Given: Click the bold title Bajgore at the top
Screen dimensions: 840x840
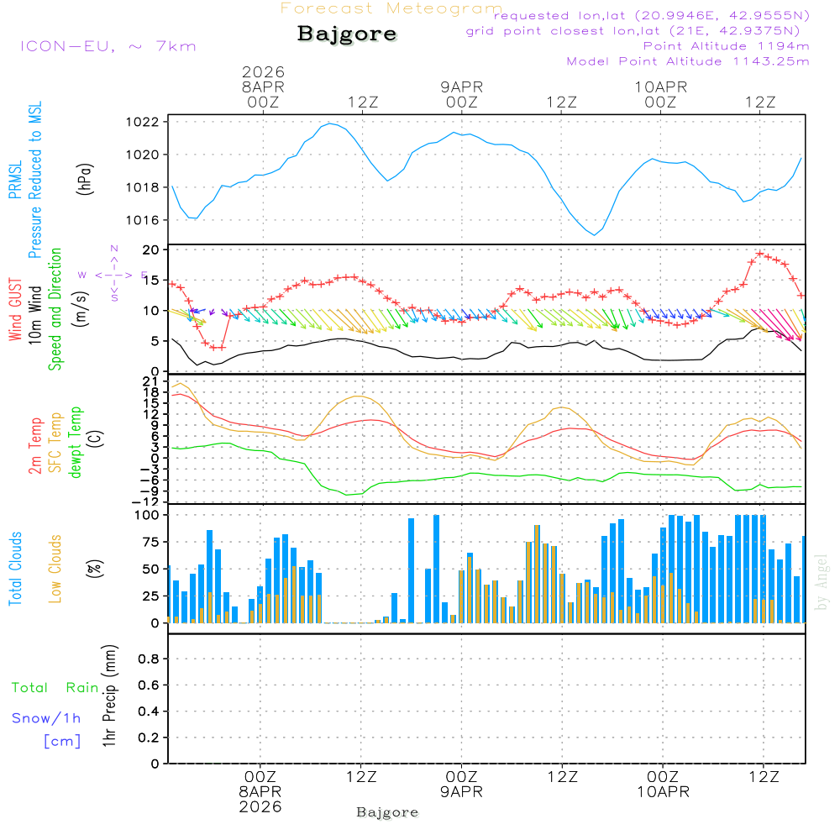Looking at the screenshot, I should click(347, 34).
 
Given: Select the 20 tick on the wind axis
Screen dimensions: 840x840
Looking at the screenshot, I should click(151, 250).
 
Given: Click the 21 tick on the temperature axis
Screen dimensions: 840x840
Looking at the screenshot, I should click(151, 382).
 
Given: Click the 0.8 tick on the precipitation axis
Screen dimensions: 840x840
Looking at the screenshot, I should click(148, 659).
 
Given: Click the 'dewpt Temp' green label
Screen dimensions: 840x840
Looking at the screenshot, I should click(76, 443).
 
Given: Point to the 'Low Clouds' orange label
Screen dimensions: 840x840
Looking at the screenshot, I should click(55, 569).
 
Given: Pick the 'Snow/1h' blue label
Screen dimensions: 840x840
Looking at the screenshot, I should click(47, 718).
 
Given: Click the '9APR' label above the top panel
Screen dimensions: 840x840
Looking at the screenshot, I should click(461, 87).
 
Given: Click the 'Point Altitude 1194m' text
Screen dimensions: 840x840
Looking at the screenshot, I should click(726, 46).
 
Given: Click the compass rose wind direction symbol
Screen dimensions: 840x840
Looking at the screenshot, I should click(113, 274).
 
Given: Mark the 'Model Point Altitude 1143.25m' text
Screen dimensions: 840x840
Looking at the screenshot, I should click(688, 61).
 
